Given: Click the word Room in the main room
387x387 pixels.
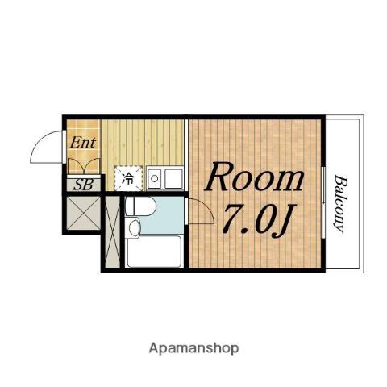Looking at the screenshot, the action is tap(254, 177).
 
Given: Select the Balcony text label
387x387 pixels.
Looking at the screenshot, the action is tap(339, 203).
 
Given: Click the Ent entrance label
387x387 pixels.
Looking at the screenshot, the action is tap(83, 143).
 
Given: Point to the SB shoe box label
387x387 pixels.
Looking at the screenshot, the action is tap(83, 185).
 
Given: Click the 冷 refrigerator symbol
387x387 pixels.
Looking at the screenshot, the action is tap(128, 178).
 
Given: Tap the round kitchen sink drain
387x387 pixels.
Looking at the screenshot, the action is tap(154, 178).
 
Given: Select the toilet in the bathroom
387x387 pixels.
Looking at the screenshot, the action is tap(140, 206).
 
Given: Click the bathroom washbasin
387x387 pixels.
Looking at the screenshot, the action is tap(134, 228).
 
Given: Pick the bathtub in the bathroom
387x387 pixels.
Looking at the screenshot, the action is tap(154, 252).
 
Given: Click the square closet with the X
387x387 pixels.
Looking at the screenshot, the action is tap(83, 213).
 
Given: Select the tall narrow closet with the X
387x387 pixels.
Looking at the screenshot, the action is tap(112, 232).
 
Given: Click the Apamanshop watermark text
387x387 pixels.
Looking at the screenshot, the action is tap(193, 348).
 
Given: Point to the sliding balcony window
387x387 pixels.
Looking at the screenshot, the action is tap(323, 202).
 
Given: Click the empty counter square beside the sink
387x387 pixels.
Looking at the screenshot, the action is tap(173, 179).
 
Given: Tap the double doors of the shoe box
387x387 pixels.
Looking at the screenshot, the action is tap(83, 166).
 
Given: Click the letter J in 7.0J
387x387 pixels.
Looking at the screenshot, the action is tap(284, 222).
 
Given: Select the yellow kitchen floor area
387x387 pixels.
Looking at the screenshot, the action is tap(143, 143).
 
